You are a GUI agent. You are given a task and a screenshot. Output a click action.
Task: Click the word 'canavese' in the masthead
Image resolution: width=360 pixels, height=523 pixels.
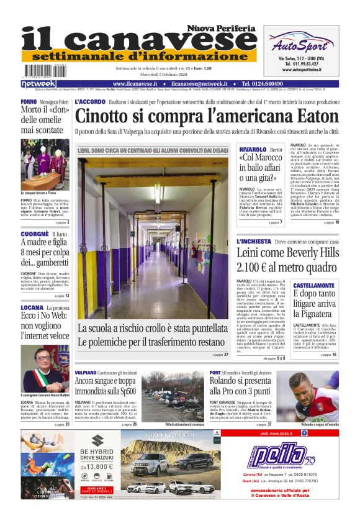[x=155, y=42]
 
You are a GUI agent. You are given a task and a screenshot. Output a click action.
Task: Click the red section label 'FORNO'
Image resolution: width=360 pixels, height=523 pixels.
[x=29, y=101]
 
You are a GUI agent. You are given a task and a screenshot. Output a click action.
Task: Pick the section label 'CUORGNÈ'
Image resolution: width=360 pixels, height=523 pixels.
[x=35, y=234]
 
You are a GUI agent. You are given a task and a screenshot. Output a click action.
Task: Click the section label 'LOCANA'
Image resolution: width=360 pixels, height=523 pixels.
[x=32, y=307]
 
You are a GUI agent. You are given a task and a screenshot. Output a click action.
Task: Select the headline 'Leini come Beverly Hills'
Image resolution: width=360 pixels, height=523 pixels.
[x=287, y=252]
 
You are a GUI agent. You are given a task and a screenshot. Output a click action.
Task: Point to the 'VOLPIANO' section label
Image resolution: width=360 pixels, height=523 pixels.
[x=86, y=371]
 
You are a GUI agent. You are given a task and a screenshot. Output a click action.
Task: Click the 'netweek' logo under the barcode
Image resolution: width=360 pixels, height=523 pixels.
[x=38, y=84]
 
